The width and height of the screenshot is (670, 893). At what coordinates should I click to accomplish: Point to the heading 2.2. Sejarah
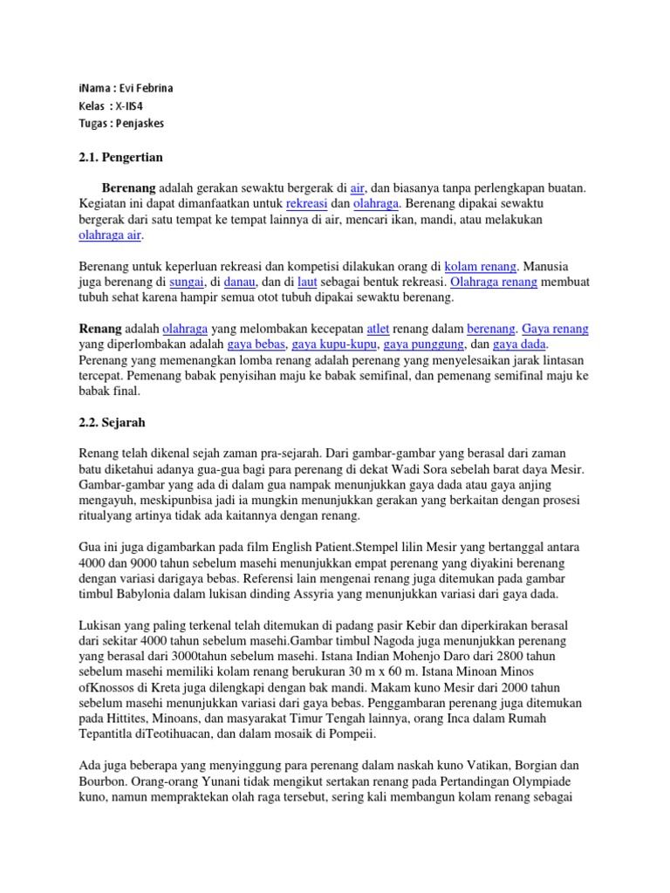(x=113, y=422)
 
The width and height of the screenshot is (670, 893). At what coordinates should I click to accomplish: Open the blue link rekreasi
(x=305, y=202)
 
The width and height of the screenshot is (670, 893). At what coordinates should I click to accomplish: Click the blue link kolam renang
(x=481, y=266)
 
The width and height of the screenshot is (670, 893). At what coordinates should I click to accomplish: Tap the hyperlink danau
(x=239, y=282)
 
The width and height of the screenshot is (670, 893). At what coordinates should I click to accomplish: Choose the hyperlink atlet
(x=377, y=329)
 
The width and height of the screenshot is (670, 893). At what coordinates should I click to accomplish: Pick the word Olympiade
(x=547, y=782)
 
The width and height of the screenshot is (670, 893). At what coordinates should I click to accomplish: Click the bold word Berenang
(x=128, y=187)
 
